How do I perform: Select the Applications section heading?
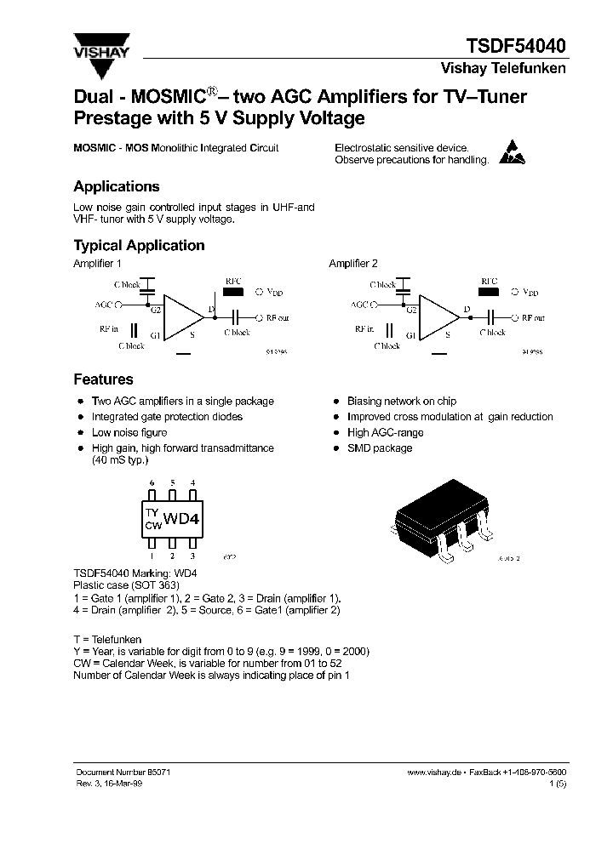[x=117, y=187]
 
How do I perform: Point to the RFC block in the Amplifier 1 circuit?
[x=232, y=293]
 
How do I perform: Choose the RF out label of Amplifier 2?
[x=533, y=318]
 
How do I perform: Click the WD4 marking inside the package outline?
[x=180, y=519]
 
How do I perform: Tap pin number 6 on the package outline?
[x=152, y=482]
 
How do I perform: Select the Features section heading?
[x=103, y=379]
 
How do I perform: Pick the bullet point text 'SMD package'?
[x=380, y=448]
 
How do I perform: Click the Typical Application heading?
[x=139, y=246]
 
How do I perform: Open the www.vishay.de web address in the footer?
[x=433, y=771]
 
